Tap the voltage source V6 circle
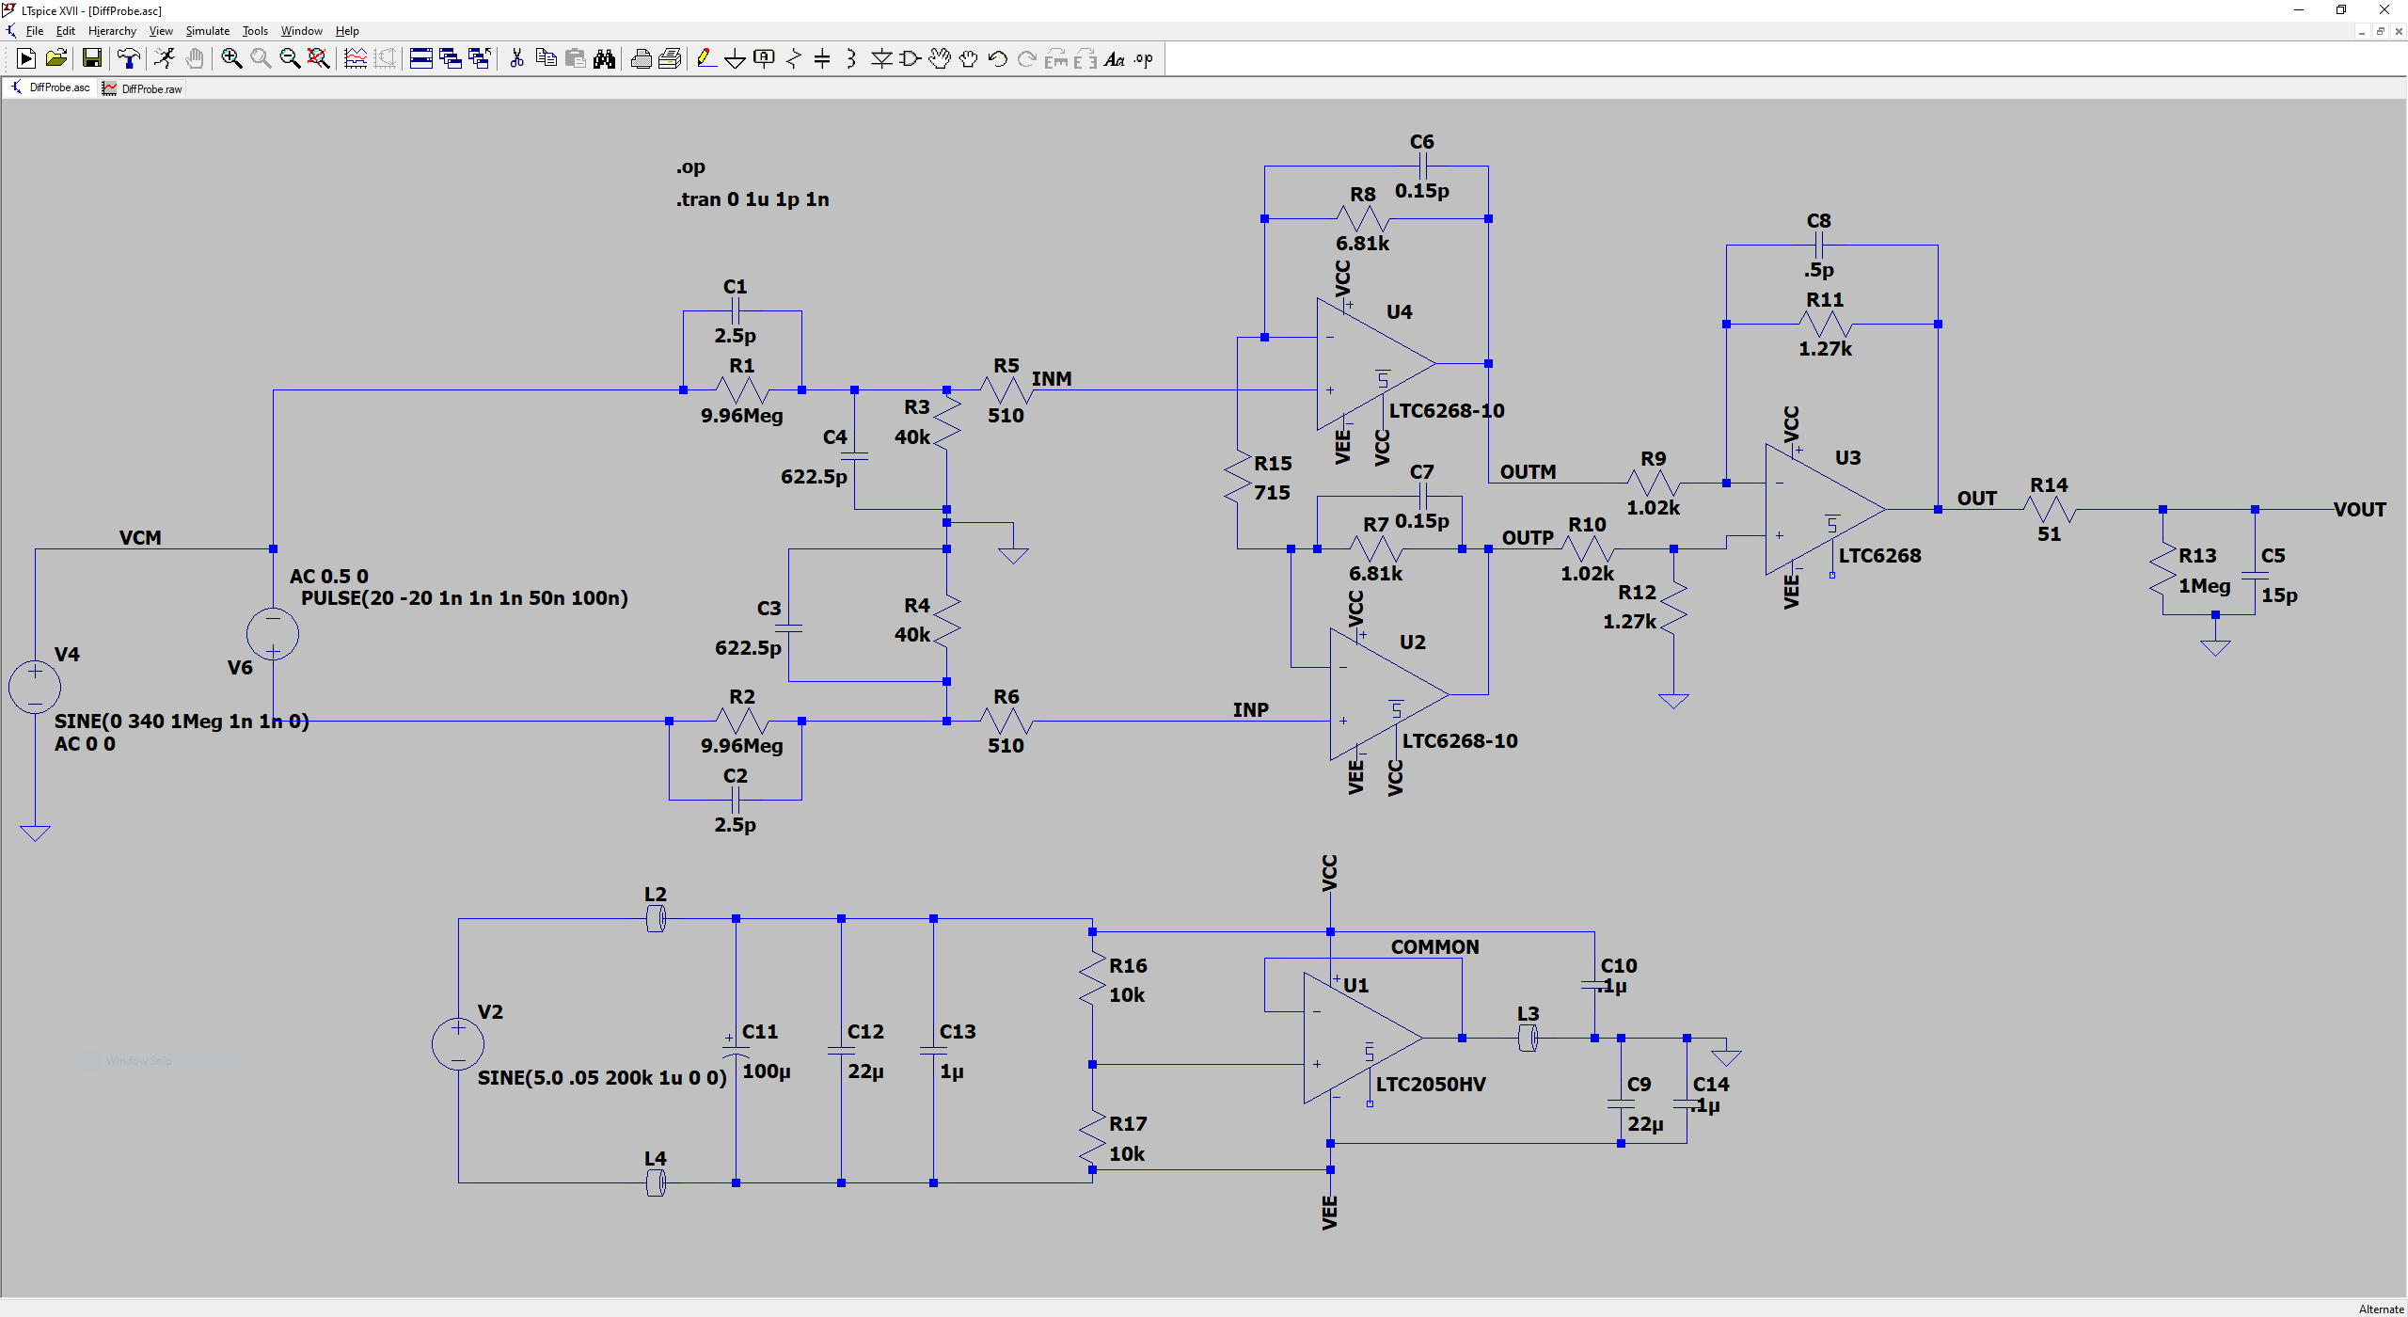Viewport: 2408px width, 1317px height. [273, 634]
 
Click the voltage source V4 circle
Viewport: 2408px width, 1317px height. [35, 687]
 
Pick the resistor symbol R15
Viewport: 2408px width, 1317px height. [1238, 478]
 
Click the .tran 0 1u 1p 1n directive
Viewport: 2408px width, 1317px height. [752, 199]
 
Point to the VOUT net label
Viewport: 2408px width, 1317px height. [2359, 510]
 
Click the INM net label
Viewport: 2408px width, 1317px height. [1051, 379]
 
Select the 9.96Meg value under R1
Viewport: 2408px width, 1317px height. [741, 416]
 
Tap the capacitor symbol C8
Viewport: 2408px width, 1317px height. [1818, 246]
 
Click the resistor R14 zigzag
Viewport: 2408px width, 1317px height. [2050, 510]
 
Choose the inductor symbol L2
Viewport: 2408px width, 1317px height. [656, 919]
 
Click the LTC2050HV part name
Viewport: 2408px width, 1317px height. [1430, 1085]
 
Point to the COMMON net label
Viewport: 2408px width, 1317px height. [1434, 947]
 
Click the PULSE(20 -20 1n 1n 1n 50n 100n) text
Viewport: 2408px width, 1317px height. [464, 598]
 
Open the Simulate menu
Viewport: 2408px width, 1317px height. [207, 31]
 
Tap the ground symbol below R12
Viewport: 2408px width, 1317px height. [1673, 701]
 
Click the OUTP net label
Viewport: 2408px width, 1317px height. [1527, 538]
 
